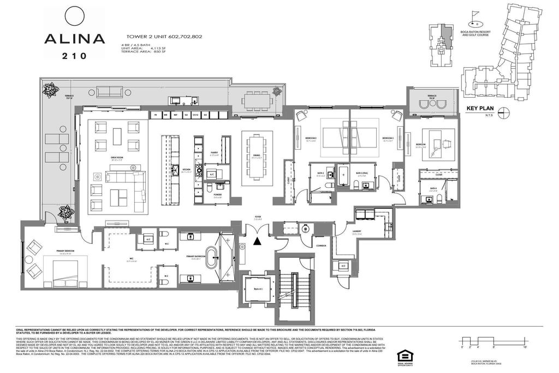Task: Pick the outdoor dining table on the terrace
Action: click(256, 101)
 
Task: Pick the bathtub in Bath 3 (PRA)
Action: click(344, 178)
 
